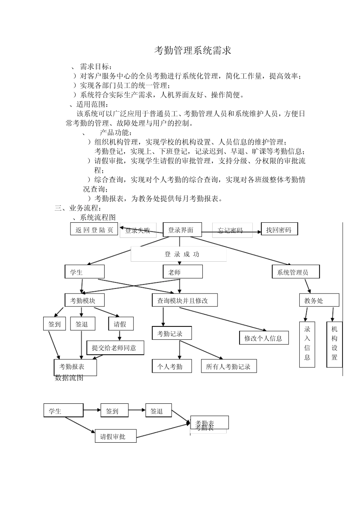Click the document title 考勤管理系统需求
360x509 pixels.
(x=193, y=51)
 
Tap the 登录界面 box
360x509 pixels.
(x=182, y=230)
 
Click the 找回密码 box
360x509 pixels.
(x=279, y=229)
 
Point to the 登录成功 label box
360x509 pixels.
(x=178, y=254)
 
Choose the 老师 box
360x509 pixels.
(x=183, y=272)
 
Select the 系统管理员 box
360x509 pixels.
(x=296, y=272)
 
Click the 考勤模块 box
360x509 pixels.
(x=85, y=300)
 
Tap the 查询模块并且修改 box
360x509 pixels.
(x=185, y=300)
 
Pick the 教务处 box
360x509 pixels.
(x=319, y=300)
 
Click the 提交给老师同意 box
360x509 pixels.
(x=115, y=348)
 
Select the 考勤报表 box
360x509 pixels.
(x=75, y=367)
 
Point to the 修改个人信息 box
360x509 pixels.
(x=264, y=338)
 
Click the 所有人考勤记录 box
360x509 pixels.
(x=228, y=366)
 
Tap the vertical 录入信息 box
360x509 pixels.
(x=307, y=344)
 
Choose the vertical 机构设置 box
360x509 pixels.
(x=334, y=344)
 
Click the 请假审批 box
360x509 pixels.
(x=116, y=436)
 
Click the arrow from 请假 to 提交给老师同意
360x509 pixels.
(x=120, y=335)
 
